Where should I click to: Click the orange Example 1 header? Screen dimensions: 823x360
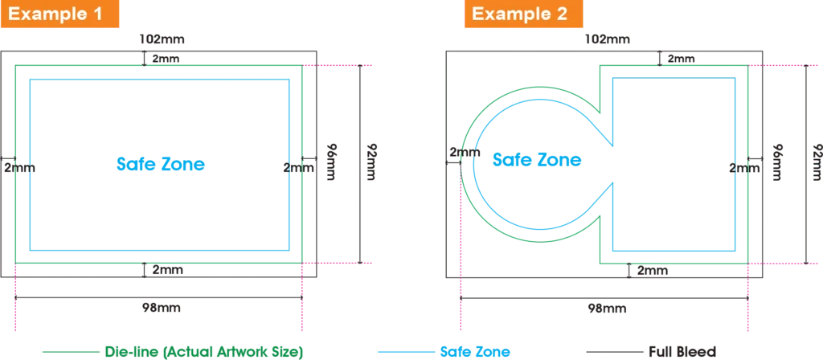[59, 14]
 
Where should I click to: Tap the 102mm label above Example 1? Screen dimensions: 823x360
[162, 39]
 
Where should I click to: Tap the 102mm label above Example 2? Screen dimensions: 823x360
[608, 39]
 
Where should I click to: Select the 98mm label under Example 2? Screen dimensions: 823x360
[608, 308]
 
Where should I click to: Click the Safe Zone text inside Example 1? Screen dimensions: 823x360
[160, 164]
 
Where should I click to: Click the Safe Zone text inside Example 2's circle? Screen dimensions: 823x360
[536, 159]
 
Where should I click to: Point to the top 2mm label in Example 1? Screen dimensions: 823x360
[166, 59]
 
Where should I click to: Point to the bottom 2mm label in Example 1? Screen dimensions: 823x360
[167, 270]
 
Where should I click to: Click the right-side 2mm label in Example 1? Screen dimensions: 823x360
[299, 168]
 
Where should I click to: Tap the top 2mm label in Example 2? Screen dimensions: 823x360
[682, 59]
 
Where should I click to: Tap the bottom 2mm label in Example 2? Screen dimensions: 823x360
[653, 270]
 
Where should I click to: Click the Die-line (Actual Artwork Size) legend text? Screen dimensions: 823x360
[205, 351]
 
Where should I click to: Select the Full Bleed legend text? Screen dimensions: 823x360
[682, 351]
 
